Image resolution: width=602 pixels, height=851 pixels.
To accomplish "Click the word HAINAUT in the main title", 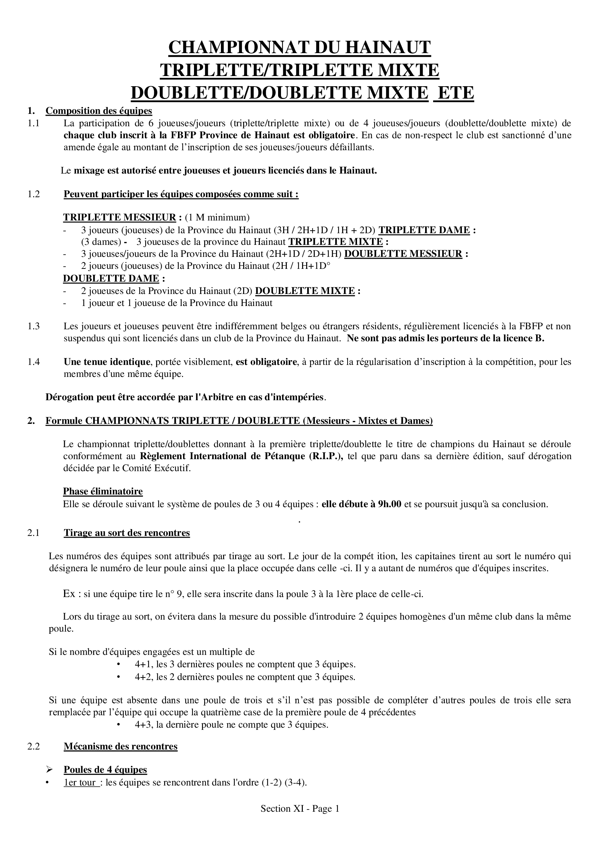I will [383, 48].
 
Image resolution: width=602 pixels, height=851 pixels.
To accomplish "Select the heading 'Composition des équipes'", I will [99, 111].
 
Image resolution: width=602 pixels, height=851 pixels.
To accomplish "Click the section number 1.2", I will [34, 194].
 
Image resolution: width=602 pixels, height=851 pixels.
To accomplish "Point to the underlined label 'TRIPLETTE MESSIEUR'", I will [119, 217].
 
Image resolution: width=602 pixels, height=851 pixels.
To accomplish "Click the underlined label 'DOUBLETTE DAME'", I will [111, 278].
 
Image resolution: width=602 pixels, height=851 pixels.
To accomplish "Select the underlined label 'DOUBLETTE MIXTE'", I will [305, 291].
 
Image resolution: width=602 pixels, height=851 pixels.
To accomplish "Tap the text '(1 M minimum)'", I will [217, 217].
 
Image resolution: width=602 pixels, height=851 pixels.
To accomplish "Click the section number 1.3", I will [34, 326].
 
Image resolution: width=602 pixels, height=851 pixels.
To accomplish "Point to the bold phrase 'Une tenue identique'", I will [107, 362].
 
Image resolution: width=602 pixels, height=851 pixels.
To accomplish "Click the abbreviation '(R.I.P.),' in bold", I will [326, 456].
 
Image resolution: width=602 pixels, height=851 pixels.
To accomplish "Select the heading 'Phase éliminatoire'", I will [103, 492].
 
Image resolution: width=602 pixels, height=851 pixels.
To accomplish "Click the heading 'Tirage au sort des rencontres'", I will [127, 533].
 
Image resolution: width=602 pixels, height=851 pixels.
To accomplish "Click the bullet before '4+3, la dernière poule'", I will [119, 725].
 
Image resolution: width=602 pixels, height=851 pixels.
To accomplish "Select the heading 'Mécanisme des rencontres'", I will [120, 747].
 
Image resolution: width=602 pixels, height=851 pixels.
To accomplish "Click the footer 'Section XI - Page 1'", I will [300, 809].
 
